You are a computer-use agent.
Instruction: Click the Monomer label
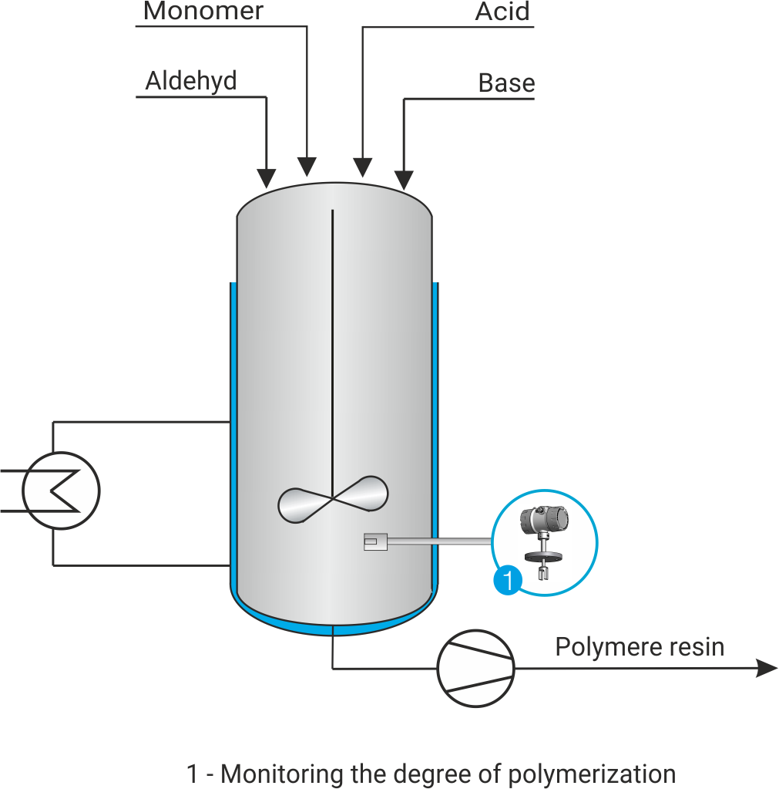203,11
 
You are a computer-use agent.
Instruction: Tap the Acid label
502,12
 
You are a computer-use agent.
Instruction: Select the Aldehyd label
191,81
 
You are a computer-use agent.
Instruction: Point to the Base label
505,83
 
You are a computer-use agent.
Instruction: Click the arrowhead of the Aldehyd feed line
266,178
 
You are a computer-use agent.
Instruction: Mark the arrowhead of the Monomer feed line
307,166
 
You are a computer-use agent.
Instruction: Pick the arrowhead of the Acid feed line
362,167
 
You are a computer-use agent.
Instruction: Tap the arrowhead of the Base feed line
403,179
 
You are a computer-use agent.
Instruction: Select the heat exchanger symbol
61,491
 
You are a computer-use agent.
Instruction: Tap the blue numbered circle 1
507,580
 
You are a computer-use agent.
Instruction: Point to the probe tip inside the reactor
372,543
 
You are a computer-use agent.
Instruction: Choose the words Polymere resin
640,646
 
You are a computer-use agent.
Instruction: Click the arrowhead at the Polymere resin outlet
766,668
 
